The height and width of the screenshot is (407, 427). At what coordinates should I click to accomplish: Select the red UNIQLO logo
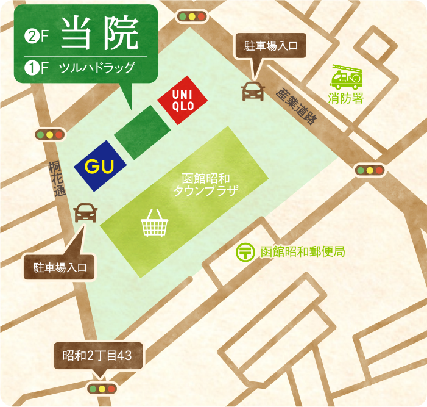click(x=183, y=100)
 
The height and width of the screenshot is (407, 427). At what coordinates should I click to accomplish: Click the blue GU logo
click(x=100, y=166)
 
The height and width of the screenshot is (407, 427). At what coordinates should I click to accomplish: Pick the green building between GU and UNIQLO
click(x=143, y=132)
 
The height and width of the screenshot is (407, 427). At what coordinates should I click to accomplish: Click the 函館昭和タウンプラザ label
click(x=205, y=185)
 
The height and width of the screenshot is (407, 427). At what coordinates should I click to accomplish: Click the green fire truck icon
click(x=345, y=77)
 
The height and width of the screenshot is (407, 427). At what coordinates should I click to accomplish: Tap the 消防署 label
click(x=345, y=98)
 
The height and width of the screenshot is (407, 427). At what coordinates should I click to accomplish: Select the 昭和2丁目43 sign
click(x=98, y=355)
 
